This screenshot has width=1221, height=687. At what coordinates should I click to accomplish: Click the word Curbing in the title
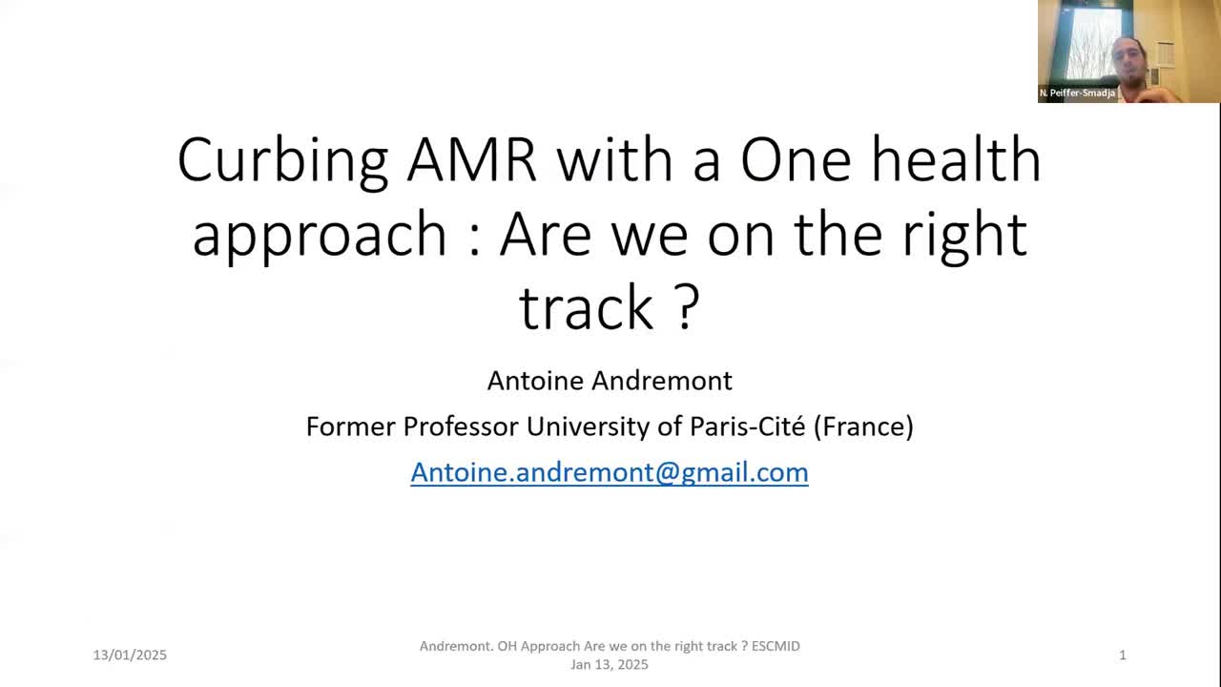282,162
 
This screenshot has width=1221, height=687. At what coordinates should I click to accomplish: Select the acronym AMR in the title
472,160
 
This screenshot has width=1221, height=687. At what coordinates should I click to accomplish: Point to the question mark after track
688,307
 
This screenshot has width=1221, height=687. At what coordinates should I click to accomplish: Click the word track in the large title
587,307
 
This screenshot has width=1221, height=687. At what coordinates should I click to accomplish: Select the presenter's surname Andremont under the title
662,381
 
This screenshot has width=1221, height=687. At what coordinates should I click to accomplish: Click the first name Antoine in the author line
535,381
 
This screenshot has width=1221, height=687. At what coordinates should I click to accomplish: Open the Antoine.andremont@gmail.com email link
610,472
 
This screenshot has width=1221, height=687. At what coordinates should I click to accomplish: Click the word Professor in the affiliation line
461,427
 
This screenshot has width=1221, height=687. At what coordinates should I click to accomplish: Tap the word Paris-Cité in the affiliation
747,427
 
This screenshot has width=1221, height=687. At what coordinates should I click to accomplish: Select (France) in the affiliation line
863,427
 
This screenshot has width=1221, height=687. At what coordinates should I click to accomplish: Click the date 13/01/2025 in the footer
130,655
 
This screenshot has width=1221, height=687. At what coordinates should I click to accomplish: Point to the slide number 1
1123,655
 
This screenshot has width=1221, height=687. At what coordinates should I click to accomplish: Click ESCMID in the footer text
776,646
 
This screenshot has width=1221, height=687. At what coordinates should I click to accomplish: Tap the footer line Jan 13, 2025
610,665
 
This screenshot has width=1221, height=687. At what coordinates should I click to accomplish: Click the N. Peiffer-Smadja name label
1077,94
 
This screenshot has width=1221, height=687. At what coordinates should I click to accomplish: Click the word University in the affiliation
588,427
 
